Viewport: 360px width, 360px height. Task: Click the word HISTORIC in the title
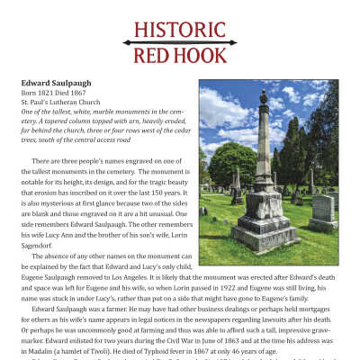(181, 29)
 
